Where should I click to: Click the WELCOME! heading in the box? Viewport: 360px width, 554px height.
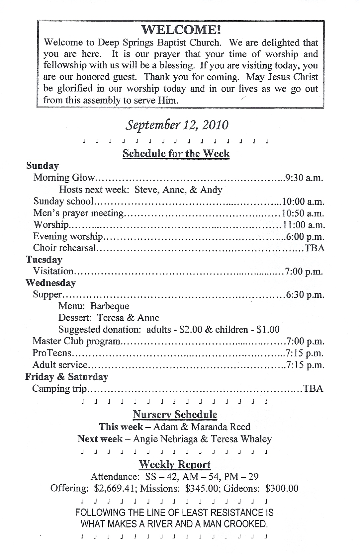(x=181, y=30)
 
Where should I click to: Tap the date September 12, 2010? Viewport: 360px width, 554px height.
(x=177, y=125)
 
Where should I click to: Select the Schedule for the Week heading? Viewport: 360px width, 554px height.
(x=176, y=153)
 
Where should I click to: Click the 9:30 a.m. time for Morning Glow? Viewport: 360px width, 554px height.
(x=304, y=178)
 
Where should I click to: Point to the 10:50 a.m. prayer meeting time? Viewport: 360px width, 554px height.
(x=303, y=213)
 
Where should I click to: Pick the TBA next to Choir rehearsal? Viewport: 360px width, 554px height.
(x=315, y=248)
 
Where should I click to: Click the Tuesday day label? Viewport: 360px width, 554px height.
(x=44, y=260)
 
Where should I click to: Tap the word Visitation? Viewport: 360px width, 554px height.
(x=53, y=271)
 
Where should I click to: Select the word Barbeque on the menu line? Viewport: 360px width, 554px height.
(x=110, y=306)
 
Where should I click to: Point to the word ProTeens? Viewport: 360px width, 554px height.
(x=52, y=353)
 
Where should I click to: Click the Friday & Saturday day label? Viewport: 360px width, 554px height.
(x=67, y=377)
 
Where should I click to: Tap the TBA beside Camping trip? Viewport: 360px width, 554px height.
(x=313, y=388)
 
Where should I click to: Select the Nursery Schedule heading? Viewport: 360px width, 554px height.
(x=175, y=414)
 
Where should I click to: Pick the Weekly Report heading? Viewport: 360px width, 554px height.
(x=175, y=464)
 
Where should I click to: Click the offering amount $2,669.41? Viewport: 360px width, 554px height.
(x=114, y=488)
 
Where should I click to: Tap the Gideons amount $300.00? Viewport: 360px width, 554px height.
(x=282, y=488)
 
